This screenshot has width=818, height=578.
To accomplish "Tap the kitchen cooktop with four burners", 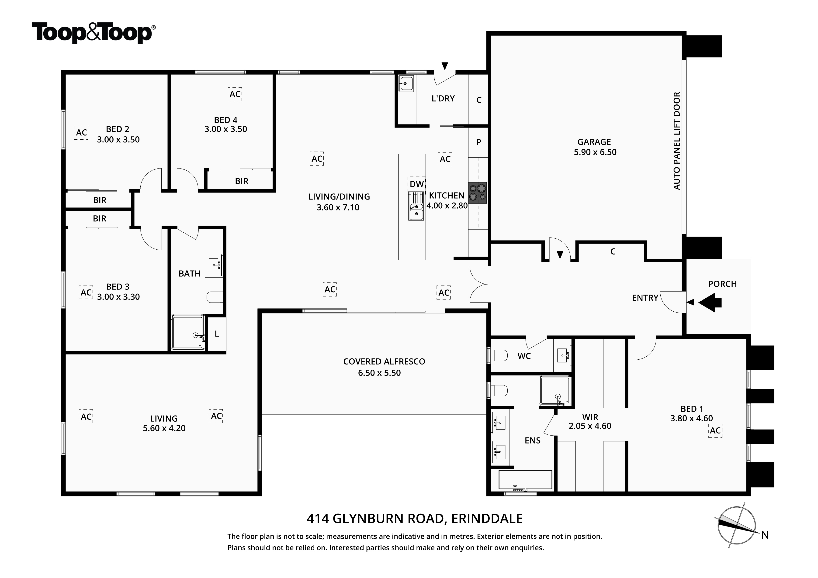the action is pos(477,193).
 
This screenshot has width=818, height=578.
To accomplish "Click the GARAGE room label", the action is pos(594,142).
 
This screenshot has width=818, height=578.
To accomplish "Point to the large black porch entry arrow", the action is pos(710,302).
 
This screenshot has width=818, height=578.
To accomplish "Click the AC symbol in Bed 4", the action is pos(235,94).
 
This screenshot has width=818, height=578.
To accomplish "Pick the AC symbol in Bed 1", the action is pos(715,430).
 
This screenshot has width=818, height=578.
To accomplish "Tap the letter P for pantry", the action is pos(479,142).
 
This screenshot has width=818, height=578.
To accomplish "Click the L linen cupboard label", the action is pos(217,334).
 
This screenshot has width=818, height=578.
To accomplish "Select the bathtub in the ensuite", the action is pos(525,480).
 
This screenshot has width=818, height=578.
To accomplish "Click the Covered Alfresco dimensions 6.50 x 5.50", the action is pos(379,373).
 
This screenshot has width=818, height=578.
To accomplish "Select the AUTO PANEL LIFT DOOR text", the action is pos(676,141).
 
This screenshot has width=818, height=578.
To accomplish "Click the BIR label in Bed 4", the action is pos(242,181).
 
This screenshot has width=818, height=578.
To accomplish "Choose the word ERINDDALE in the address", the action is pos(487,519).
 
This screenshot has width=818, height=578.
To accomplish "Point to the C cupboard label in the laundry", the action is pos(479,100).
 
